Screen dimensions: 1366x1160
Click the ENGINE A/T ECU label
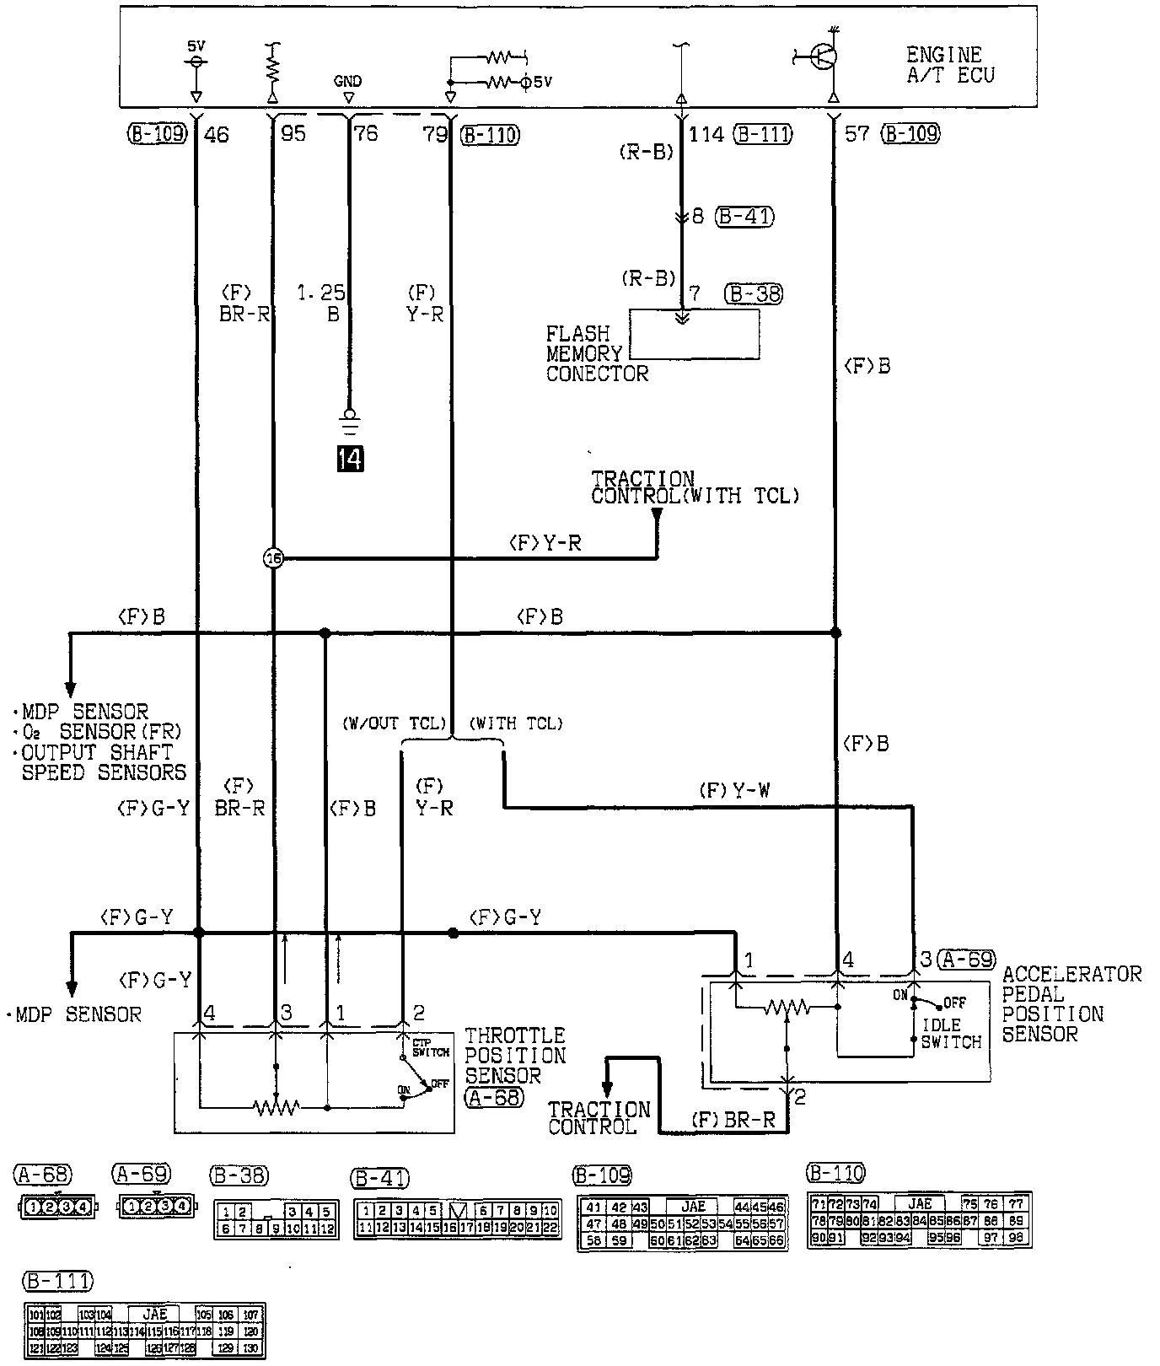pyautogui.click(x=950, y=65)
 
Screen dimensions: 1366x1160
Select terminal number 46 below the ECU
pyautogui.click(x=217, y=134)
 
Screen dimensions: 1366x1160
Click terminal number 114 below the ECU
pyautogui.click(x=706, y=134)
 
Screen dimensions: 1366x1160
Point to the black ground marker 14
pyautogui.click(x=350, y=458)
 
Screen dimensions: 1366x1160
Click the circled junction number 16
pyautogui.click(x=274, y=557)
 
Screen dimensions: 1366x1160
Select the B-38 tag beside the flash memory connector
pyautogui.click(x=753, y=293)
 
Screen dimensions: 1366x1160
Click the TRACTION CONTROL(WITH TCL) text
pyautogui.click(x=694, y=488)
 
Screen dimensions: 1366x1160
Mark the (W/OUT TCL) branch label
pyautogui.click(x=394, y=723)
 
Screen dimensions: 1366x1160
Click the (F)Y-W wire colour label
pyautogui.click(x=733, y=791)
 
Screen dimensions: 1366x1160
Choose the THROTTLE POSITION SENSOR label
pyautogui.click(x=515, y=1055)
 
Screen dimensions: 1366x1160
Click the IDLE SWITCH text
pyautogui.click(x=951, y=1034)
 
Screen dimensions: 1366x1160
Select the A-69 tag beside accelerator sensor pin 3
pyautogui.click(x=966, y=959)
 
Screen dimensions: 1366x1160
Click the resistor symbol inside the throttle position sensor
pyautogui.click(x=276, y=1107)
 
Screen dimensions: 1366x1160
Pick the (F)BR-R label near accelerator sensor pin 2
pyautogui.click(x=738, y=1121)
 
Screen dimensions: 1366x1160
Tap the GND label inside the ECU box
pyautogui.click(x=347, y=81)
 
